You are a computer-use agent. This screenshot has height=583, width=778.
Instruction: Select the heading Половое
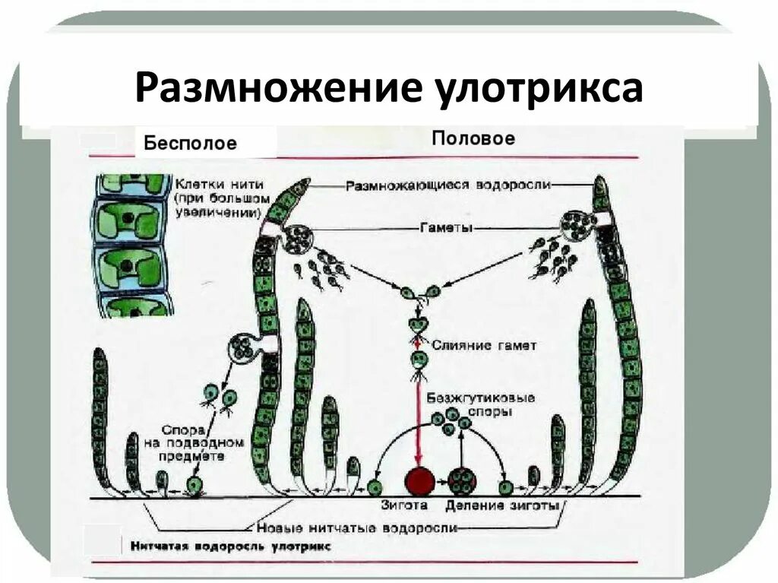473,139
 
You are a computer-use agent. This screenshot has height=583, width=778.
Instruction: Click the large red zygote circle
419,482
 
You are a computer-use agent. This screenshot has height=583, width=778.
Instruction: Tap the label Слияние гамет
484,345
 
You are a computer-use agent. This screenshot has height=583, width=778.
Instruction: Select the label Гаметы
445,227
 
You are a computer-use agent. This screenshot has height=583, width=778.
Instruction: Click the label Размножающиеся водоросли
448,185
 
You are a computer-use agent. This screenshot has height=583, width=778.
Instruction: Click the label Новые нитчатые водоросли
357,528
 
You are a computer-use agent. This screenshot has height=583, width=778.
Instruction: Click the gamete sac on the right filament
578,227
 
